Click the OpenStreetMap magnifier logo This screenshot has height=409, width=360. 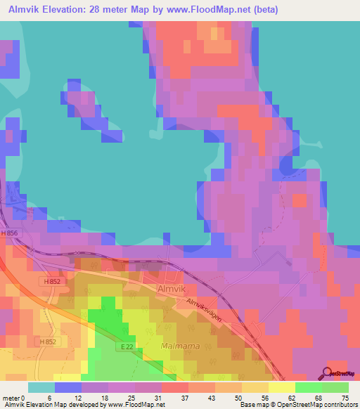[328, 373]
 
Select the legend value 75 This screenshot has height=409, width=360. [345, 398]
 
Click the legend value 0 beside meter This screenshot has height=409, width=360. [25, 398]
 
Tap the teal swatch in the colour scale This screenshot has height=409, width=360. [41, 387]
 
